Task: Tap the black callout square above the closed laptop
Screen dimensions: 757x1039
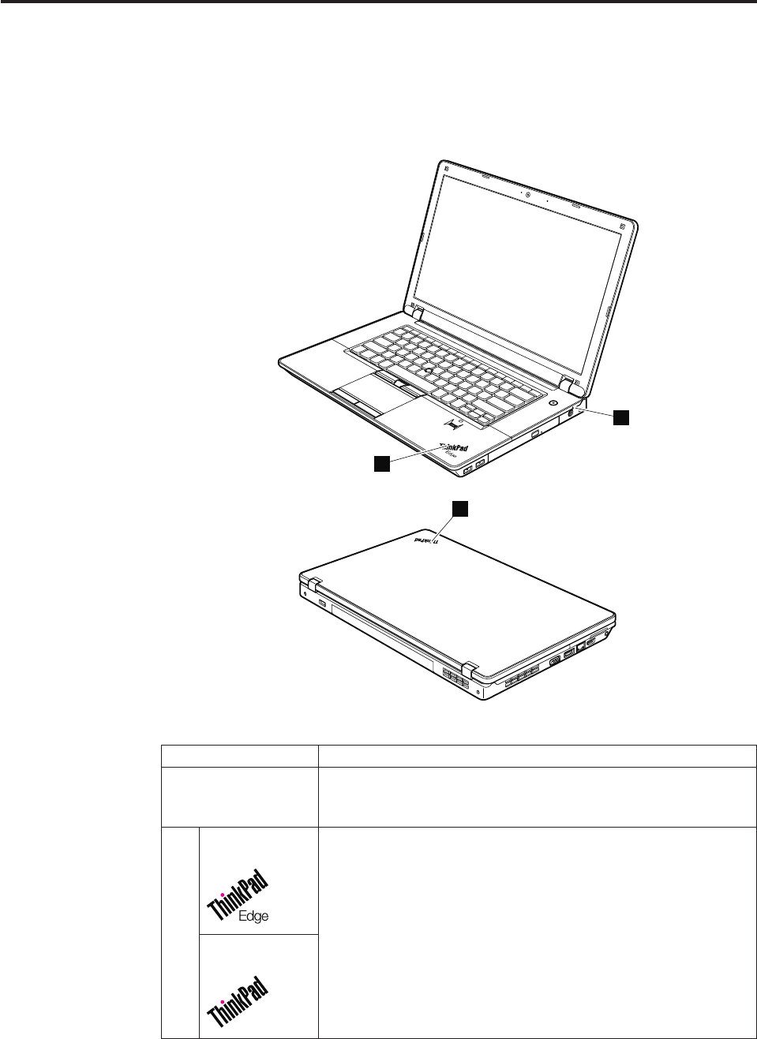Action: point(459,509)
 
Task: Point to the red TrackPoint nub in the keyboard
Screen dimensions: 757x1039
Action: point(426,368)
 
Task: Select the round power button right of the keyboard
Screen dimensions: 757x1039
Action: point(553,402)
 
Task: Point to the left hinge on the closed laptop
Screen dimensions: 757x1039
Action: point(310,585)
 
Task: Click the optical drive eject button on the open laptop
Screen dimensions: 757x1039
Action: point(535,433)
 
